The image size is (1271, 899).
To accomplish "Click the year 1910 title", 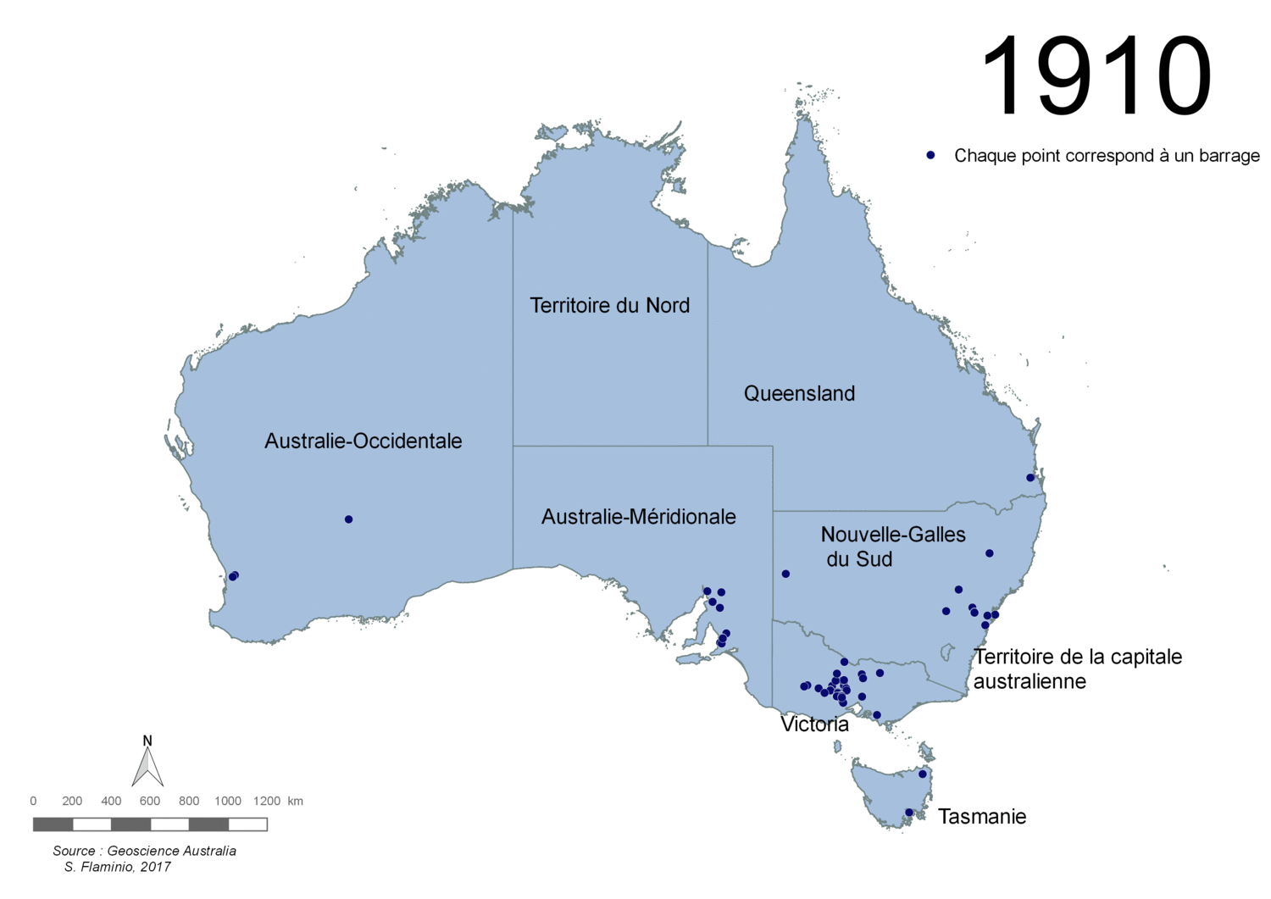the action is click(x=1096, y=77).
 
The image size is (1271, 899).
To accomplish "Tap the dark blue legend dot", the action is click(x=930, y=156).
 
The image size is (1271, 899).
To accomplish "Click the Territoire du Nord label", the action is click(x=609, y=305).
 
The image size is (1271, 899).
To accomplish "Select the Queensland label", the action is click(x=799, y=393).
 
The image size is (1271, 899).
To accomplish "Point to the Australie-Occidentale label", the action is click(x=363, y=441).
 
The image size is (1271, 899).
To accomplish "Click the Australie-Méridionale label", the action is click(x=638, y=517).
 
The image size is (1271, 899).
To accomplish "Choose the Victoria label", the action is click(x=814, y=724).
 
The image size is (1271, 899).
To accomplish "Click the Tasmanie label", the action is click(x=981, y=817).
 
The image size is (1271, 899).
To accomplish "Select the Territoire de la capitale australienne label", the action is click(x=1077, y=669).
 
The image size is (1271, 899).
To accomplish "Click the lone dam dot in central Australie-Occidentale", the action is click(x=348, y=519).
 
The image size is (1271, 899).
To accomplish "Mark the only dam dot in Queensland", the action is click(x=1030, y=478).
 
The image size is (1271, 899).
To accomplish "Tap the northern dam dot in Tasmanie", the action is click(x=923, y=774).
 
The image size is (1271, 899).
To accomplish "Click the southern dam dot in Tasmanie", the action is click(x=909, y=813).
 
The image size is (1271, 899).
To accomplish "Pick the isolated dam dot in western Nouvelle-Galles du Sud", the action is click(x=785, y=574).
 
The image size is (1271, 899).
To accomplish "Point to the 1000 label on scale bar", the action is click(x=227, y=801).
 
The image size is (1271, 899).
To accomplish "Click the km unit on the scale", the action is click(x=295, y=801).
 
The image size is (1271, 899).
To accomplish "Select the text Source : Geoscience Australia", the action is click(x=144, y=851).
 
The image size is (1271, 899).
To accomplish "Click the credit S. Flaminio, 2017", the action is click(x=118, y=867).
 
